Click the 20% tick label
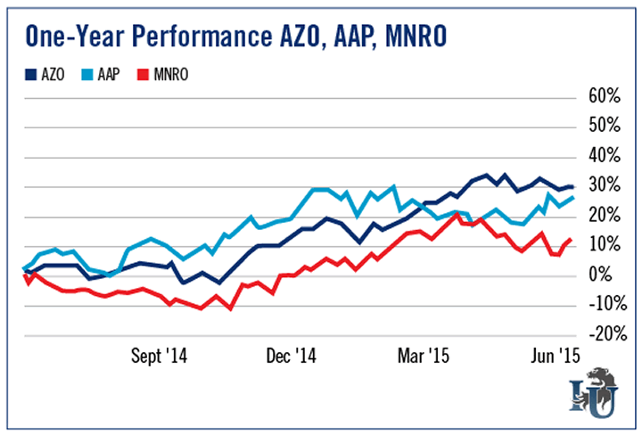pyautogui.click(x=603, y=216)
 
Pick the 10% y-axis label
pyautogui.click(x=603, y=245)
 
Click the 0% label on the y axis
pyautogui.click(x=607, y=275)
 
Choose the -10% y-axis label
pyautogui.click(x=599, y=305)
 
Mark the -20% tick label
pyautogui.click(x=599, y=334)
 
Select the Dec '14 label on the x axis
pyautogui.click(x=292, y=355)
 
